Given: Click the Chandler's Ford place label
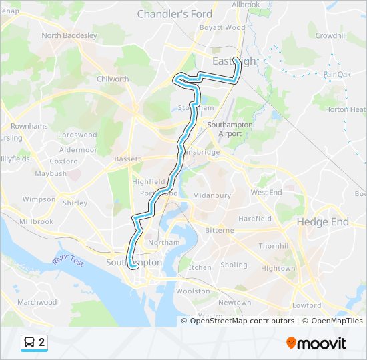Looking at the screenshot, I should (x=174, y=13).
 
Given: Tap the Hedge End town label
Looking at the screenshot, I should (x=323, y=222).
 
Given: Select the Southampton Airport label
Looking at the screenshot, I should (x=230, y=129).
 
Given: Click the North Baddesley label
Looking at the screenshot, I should (x=69, y=35).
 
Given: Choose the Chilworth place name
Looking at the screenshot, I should (x=113, y=79).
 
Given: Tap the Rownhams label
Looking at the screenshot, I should (x=29, y=125).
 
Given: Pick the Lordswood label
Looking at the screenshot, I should (x=77, y=135).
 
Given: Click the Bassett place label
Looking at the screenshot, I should (x=127, y=159).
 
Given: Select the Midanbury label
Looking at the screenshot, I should (x=212, y=195).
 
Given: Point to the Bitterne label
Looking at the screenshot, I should (x=220, y=230).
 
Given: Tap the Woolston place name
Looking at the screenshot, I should (x=193, y=291).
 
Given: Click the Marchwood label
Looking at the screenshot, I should (x=37, y=302).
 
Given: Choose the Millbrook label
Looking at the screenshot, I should (x=36, y=221).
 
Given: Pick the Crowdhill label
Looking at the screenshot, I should (x=331, y=35).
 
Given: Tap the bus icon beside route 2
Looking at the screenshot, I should (x=30, y=343).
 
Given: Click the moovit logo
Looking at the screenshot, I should (x=316, y=343).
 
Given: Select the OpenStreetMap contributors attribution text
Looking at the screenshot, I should (x=242, y=321).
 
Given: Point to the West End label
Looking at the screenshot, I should (x=266, y=193).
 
